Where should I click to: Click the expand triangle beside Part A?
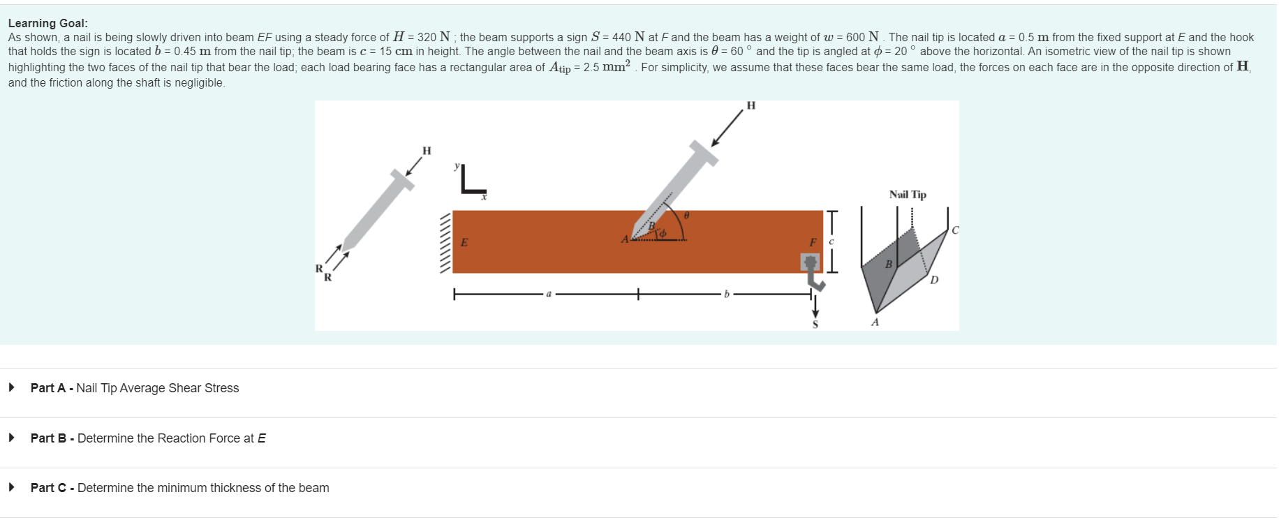point(12,387)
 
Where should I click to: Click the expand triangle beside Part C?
point(12,487)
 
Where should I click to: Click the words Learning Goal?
point(47,23)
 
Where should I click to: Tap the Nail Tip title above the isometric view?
point(908,195)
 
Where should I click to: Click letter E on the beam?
point(464,242)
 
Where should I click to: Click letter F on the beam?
point(813,242)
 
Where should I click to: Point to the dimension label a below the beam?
point(549,294)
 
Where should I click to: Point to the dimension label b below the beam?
point(726,294)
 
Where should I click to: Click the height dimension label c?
point(831,242)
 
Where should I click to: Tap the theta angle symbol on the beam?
point(686,216)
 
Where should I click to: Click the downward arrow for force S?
point(815,306)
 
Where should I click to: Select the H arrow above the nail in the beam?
point(727,128)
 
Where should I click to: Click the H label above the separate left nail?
point(427,151)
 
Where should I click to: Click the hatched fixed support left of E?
point(445,242)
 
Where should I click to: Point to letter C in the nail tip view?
point(955,230)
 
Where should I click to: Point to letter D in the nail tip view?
point(934,280)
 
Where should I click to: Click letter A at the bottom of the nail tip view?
point(875,322)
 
